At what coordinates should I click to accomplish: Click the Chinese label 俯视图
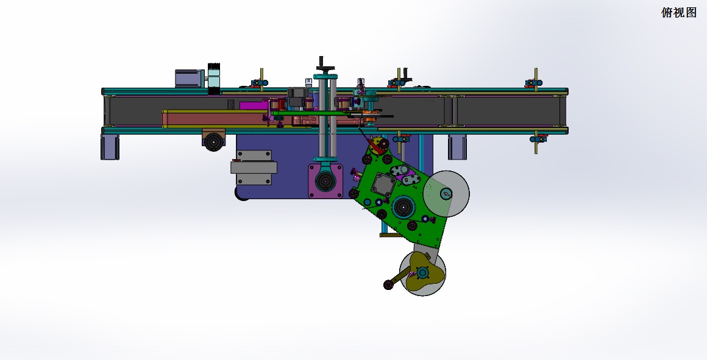678,13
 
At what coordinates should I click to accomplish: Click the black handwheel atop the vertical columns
325,68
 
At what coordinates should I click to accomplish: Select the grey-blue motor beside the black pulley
190,79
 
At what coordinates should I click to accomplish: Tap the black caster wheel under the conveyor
214,142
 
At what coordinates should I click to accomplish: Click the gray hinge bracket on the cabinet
254,167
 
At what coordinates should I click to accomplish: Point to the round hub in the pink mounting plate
325,181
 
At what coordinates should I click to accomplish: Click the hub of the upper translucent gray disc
446,194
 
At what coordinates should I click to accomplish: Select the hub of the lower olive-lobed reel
422,273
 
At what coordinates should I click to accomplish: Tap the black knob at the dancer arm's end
388,284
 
